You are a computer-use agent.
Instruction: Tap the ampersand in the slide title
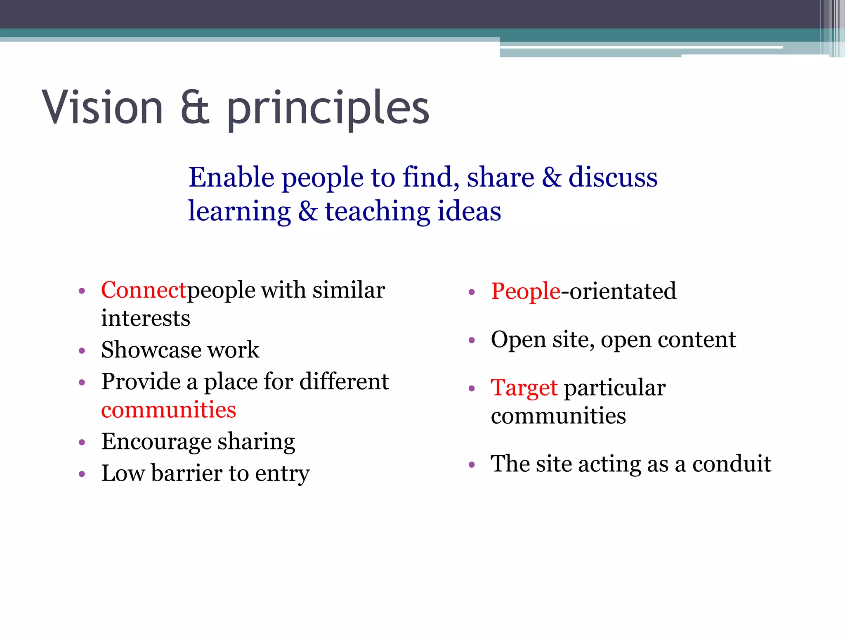195,108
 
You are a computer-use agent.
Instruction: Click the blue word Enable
231,177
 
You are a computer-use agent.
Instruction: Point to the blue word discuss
613,177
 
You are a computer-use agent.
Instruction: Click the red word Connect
144,290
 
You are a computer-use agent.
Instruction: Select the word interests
146,318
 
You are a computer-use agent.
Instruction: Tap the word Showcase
151,350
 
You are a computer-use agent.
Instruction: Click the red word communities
169,410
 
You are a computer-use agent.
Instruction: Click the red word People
526,291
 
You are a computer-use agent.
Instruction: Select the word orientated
623,291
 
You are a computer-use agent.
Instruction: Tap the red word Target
524,388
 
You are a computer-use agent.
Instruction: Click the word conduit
731,464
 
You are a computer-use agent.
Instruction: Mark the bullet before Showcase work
82,351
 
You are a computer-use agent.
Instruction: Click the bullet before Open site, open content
472,341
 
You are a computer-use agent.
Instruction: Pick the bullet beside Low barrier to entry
82,474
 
